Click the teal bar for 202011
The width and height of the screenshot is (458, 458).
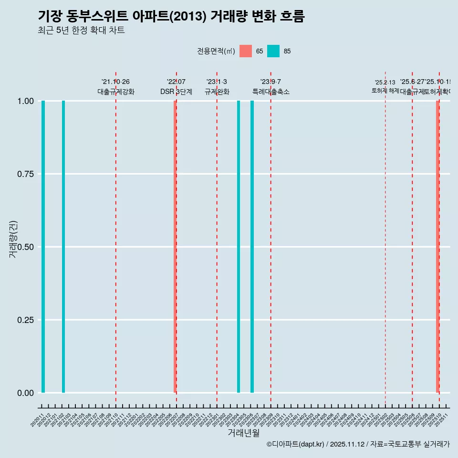click(x=43, y=247)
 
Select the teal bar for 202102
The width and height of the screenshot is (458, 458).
click(x=63, y=247)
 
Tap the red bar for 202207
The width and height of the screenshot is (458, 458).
click(x=175, y=247)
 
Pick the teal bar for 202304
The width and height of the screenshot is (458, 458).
click(x=239, y=247)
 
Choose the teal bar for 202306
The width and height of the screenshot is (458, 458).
click(x=252, y=247)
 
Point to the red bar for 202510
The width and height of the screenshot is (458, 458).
click(x=437, y=247)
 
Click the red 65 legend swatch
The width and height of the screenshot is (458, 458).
click(x=246, y=51)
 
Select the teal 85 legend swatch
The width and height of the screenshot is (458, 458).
click(x=273, y=51)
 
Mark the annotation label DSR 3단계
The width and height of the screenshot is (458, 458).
click(x=176, y=92)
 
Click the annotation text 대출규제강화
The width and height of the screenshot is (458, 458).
click(x=116, y=92)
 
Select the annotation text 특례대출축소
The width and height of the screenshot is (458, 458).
click(x=271, y=92)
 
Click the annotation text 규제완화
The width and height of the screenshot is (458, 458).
click(x=217, y=92)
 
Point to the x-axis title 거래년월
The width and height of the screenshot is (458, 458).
click(x=244, y=433)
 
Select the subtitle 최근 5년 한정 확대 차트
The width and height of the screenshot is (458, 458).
click(x=81, y=31)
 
